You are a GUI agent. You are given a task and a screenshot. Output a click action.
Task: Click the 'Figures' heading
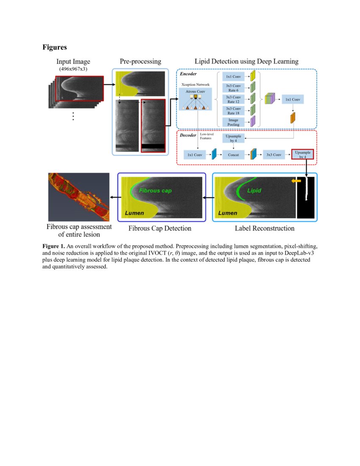(x=55, y=47)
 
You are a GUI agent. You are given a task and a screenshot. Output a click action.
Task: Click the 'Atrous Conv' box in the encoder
(x=195, y=92)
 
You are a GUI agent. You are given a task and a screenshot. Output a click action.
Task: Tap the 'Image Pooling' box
(x=233, y=122)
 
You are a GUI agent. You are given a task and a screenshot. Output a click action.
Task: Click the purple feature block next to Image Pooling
(x=253, y=122)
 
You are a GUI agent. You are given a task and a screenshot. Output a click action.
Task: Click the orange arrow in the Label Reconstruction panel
(x=296, y=181)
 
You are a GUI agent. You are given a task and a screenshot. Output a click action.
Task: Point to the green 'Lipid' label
(x=254, y=191)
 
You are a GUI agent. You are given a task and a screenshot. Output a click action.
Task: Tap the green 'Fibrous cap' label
(x=155, y=191)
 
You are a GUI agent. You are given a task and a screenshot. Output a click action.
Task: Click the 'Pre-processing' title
(x=140, y=61)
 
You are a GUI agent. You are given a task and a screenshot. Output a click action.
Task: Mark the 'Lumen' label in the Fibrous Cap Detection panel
(x=133, y=213)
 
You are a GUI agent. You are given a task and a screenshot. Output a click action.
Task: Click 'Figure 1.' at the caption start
(x=54, y=246)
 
